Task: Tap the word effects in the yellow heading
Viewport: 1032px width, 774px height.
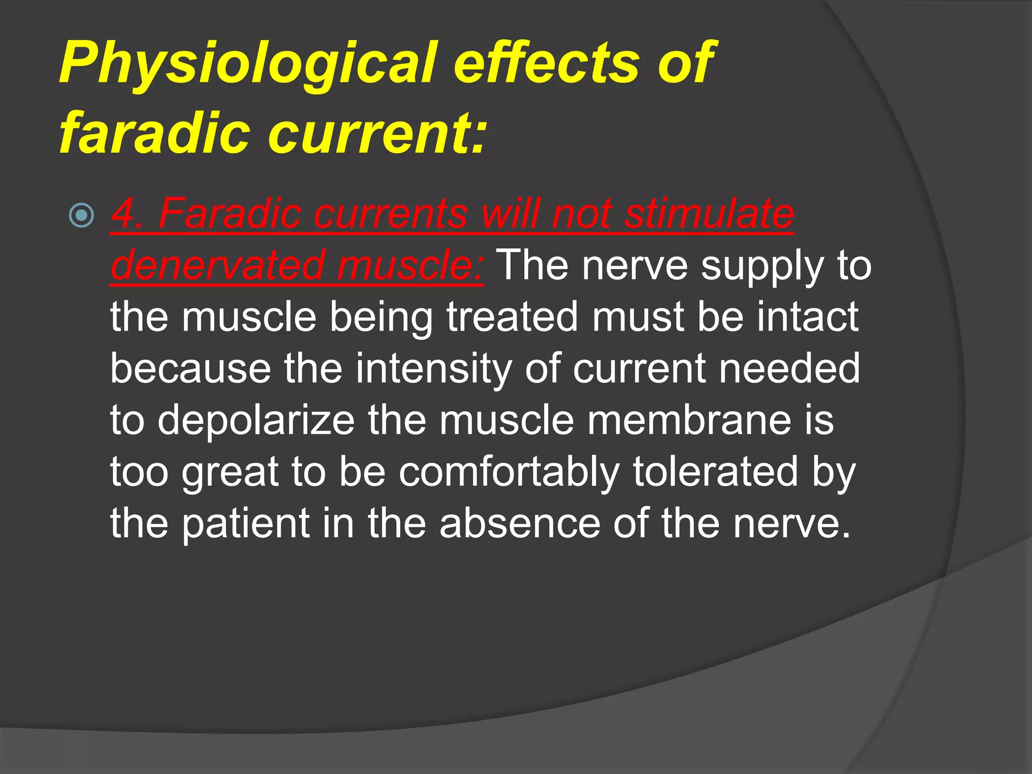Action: [547, 63]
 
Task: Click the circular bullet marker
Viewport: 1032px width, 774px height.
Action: [81, 216]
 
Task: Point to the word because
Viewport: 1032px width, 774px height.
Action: [190, 368]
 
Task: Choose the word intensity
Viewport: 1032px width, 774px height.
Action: [433, 369]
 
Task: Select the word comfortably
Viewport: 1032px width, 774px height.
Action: [509, 472]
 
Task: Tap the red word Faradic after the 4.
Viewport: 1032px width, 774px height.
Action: [230, 214]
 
